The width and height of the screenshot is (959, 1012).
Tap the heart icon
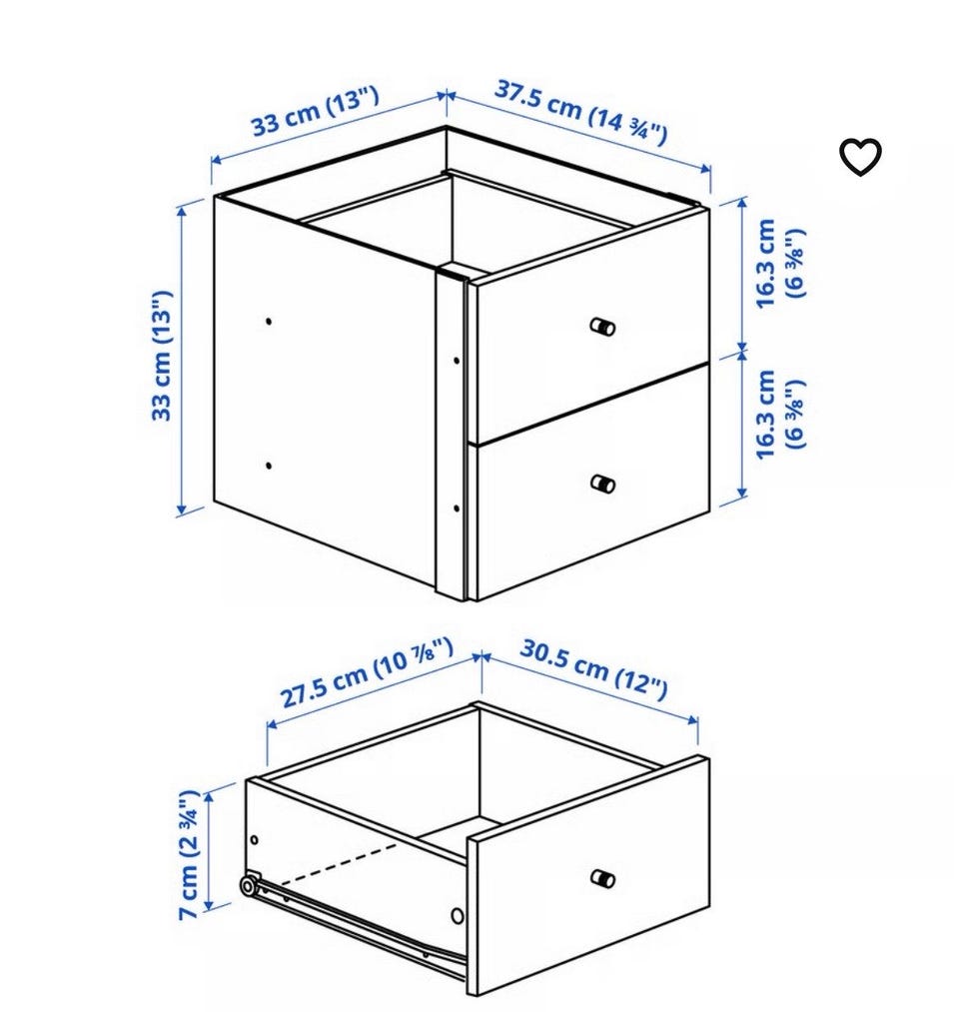click(860, 156)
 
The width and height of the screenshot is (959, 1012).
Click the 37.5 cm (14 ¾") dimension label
click(580, 112)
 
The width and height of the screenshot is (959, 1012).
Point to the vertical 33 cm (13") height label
click(162, 356)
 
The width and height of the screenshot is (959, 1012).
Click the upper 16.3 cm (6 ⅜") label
click(780, 263)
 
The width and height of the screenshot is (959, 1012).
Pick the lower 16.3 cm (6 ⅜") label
click(780, 414)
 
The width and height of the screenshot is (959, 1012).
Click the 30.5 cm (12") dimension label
click(593, 669)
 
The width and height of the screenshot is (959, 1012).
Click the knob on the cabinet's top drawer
click(602, 327)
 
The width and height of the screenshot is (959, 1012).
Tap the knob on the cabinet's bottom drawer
click(602, 484)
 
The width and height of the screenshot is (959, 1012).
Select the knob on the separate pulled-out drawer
click(602, 878)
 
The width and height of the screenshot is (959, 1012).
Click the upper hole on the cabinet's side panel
click(269, 321)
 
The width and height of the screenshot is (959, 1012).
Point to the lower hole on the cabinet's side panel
click(269, 465)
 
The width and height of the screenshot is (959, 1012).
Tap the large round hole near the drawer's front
click(457, 915)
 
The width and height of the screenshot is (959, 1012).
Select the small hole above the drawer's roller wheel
click(255, 840)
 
